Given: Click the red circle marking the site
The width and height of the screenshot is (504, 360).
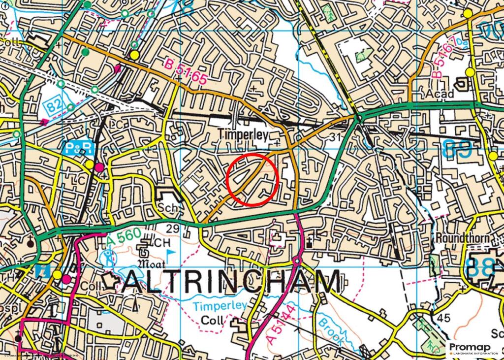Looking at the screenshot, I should pyautogui.click(x=253, y=179).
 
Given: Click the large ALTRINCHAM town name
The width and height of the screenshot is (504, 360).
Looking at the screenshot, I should pyautogui.click(x=231, y=283).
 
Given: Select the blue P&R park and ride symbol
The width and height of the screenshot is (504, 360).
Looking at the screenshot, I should pyautogui.click(x=75, y=147).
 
